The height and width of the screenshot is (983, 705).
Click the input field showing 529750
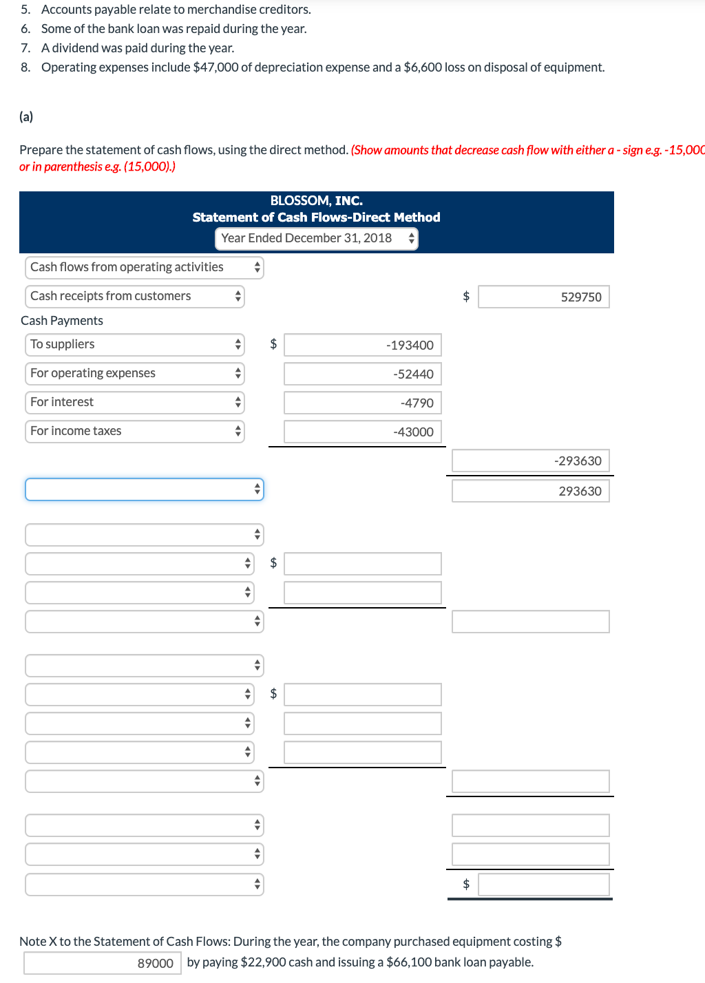(x=543, y=297)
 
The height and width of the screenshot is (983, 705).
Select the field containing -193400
(x=362, y=345)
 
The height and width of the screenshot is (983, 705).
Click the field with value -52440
(x=362, y=374)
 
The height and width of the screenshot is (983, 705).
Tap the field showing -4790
(x=362, y=403)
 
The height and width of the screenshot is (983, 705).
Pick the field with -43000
(x=362, y=432)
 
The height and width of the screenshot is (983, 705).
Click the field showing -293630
(x=530, y=461)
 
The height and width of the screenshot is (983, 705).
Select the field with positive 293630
(x=530, y=491)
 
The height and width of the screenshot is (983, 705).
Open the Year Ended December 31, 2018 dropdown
(x=316, y=238)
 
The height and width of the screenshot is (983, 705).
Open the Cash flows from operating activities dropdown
(x=145, y=267)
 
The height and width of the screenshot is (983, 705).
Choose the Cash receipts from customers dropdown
(x=135, y=296)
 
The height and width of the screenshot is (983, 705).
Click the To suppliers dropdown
(x=135, y=344)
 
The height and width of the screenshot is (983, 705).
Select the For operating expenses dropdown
(x=135, y=373)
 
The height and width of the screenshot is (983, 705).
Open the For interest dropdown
(x=135, y=402)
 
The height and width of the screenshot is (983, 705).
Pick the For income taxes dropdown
(x=135, y=431)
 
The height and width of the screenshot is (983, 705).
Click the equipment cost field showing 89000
(x=103, y=963)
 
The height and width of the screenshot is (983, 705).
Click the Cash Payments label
(x=62, y=321)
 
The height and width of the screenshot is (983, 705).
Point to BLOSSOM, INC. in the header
(x=316, y=200)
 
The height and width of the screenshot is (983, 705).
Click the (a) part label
(x=26, y=116)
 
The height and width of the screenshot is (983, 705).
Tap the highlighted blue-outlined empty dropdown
(x=145, y=489)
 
